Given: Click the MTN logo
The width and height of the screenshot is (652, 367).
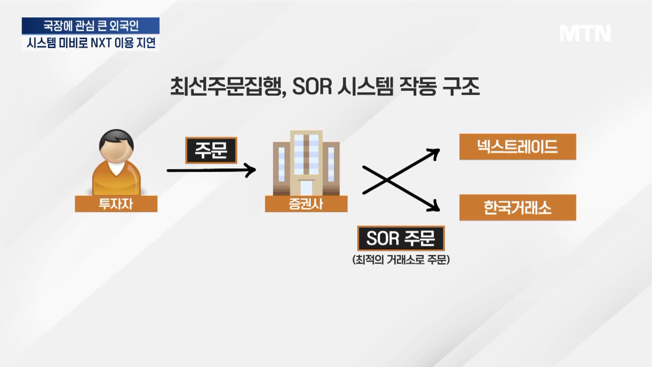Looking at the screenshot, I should pos(585,33).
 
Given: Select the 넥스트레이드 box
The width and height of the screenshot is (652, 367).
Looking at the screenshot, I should pos(518,147).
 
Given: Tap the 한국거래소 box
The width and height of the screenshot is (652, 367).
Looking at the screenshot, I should pos(518,208).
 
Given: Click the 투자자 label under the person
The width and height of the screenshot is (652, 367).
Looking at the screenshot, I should pos(116,204).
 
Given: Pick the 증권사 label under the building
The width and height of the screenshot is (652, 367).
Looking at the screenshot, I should pos(306,204).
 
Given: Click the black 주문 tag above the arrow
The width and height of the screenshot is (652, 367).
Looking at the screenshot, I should pos(211,150).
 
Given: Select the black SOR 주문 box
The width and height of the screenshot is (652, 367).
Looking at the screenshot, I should pos(401,238).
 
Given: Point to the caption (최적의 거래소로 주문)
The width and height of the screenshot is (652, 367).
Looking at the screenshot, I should pos(401,260).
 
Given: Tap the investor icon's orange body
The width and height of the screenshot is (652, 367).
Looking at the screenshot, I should pos(116,180).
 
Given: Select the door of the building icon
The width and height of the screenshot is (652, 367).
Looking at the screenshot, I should pos(306,188).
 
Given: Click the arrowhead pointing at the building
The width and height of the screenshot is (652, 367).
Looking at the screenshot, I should pos(251,170).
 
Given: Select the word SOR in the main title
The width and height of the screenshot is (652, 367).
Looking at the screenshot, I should pos(312,87).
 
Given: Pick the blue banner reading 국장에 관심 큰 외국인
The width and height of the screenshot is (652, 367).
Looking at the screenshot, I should pos(91,26).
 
